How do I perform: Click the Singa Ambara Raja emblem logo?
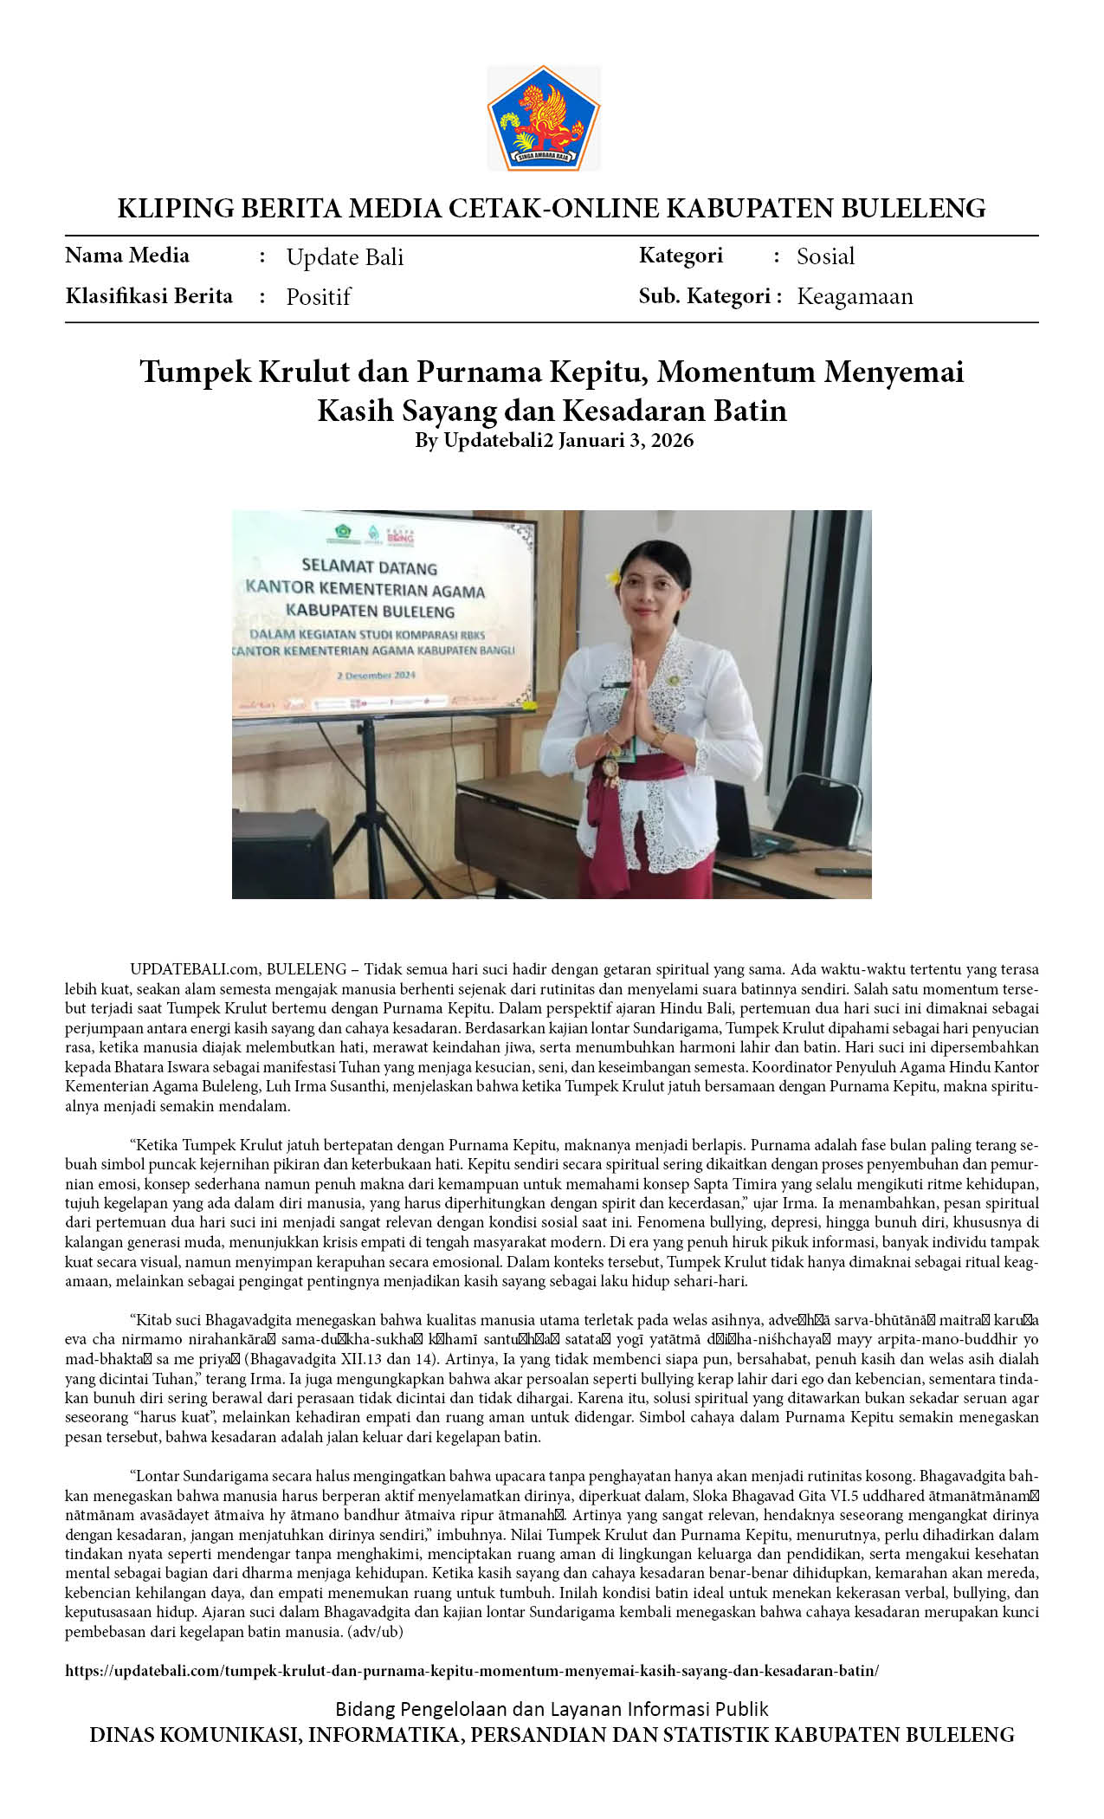(543, 117)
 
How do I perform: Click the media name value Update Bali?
(345, 257)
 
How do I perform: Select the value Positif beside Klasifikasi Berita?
(318, 297)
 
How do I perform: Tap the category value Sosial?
(825, 256)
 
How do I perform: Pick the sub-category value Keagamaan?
(855, 296)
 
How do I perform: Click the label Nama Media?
(127, 256)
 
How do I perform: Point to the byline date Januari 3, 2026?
(625, 440)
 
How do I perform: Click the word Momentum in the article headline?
(735, 372)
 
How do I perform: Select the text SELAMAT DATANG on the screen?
(370, 567)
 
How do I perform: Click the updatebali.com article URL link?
(472, 1671)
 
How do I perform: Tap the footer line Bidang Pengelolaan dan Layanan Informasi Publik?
(552, 1709)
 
